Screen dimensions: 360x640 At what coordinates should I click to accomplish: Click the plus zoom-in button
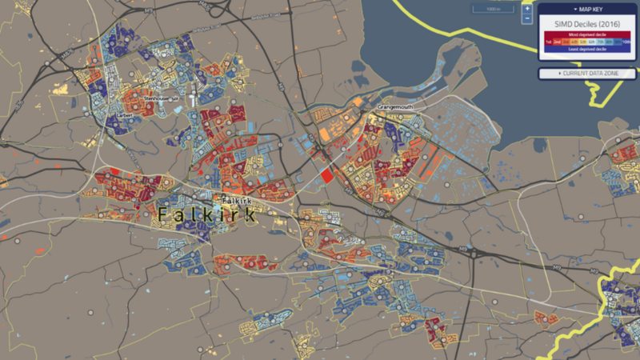click(526, 9)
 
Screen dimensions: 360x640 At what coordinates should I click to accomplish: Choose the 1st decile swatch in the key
click(548, 42)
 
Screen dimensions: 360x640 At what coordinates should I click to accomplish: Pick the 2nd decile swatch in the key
click(557, 42)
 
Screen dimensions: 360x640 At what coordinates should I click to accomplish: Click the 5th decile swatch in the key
click(583, 42)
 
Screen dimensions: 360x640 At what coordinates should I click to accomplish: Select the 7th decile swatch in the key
click(600, 42)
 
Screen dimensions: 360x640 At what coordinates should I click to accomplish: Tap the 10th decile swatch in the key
click(626, 42)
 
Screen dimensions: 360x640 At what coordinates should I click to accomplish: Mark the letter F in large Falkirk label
click(162, 215)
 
